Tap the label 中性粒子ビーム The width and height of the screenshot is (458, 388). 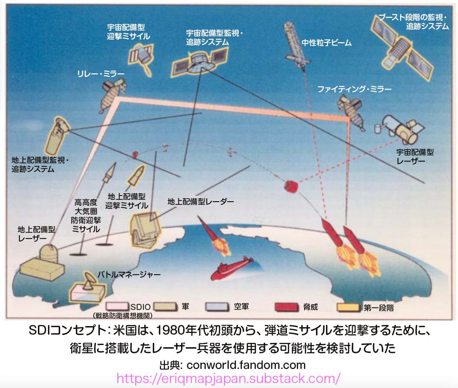click(x=326, y=43)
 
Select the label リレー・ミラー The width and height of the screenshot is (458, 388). click(x=101, y=74)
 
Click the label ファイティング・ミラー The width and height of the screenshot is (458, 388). click(x=354, y=89)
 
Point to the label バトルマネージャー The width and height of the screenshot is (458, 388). click(x=129, y=275)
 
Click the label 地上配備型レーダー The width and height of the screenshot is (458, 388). click(x=201, y=202)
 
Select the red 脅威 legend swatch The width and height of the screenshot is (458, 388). click(x=286, y=307)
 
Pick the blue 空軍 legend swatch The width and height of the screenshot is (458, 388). click(x=217, y=307)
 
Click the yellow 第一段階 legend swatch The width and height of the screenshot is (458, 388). click(x=348, y=307)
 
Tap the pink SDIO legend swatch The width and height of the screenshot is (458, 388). click(x=117, y=307)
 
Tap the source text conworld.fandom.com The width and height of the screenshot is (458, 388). click(x=246, y=365)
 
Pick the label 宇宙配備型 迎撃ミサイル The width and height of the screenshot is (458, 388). click(x=128, y=31)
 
